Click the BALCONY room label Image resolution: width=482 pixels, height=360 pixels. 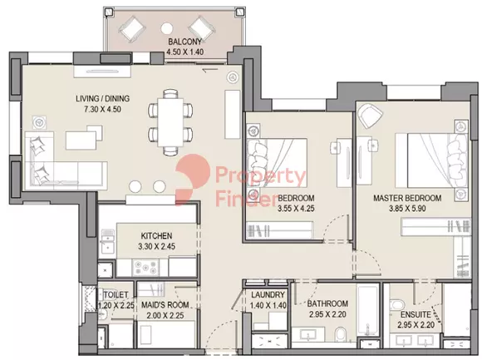tap(184, 42)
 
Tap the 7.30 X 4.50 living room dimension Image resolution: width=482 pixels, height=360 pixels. tap(102, 109)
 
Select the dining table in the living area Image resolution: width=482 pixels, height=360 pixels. tap(170, 122)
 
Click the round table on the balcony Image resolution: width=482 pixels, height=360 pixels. tap(167, 29)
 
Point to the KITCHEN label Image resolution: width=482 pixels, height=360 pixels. tap(156, 236)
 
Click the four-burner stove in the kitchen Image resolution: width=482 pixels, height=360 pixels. tap(145, 268)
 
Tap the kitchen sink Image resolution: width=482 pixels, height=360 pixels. tap(106, 241)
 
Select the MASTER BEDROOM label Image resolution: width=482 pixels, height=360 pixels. tap(407, 198)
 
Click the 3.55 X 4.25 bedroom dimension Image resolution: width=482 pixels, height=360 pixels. tap(296, 209)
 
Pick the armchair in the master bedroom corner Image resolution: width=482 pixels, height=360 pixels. tap(371, 116)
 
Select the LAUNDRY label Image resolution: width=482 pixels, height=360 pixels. tap(268, 295)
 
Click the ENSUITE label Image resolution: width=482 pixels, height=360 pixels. tap(416, 314)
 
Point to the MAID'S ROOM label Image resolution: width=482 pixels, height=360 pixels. tap(165, 305)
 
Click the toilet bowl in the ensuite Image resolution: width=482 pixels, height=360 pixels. tap(396, 304)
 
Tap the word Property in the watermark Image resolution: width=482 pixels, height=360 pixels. tap(261, 176)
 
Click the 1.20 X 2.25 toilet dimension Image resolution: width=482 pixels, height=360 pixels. tap(116, 305)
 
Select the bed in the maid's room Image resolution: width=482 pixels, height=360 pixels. tap(166, 334)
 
